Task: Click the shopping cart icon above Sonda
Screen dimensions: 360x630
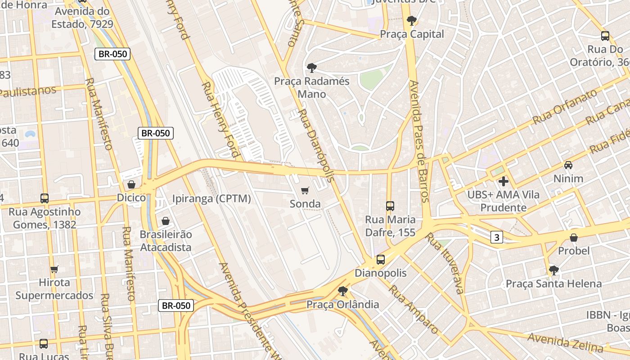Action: [x=305, y=191]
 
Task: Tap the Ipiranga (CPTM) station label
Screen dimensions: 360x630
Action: [x=211, y=198]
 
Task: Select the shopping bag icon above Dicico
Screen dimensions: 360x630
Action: [x=131, y=184]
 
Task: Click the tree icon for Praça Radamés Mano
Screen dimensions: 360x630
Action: [x=311, y=68]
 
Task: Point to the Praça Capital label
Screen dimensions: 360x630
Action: [x=412, y=34]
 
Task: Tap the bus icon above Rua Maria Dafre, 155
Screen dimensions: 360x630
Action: [x=390, y=206]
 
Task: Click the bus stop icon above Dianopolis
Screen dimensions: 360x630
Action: [x=381, y=260]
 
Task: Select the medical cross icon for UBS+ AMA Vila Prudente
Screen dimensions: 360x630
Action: [x=504, y=181]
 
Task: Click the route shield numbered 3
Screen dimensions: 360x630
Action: [x=496, y=237]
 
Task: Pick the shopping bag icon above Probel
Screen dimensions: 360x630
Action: [x=574, y=237]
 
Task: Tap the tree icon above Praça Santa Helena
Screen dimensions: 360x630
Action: [x=554, y=270]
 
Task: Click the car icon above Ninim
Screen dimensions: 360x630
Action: [x=568, y=165]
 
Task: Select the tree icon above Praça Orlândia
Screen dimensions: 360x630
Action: [x=343, y=291]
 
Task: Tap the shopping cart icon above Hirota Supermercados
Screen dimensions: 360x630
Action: [x=54, y=269]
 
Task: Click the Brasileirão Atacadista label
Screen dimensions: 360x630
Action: [x=166, y=241]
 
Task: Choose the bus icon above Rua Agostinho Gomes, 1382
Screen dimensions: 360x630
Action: [x=45, y=198]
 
